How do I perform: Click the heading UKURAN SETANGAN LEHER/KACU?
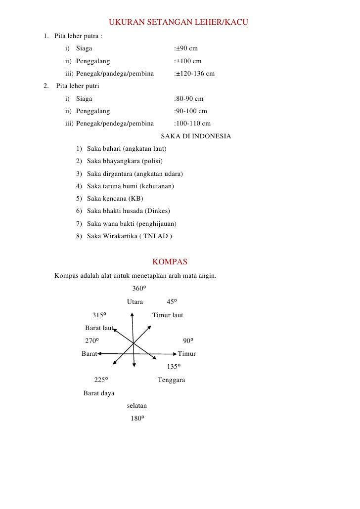179,23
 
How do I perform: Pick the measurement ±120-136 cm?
195,74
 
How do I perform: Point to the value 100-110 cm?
193,124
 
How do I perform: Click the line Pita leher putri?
78,86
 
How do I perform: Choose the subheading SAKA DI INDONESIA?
196,136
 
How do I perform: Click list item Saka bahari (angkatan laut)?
126,149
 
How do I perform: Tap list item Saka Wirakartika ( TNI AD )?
129,236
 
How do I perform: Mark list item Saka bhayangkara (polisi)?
125,161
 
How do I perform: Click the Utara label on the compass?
135,302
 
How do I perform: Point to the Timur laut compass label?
168,315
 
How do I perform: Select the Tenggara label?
171,380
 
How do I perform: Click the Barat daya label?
99,393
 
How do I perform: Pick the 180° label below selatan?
136,419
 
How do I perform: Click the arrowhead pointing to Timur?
175,354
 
